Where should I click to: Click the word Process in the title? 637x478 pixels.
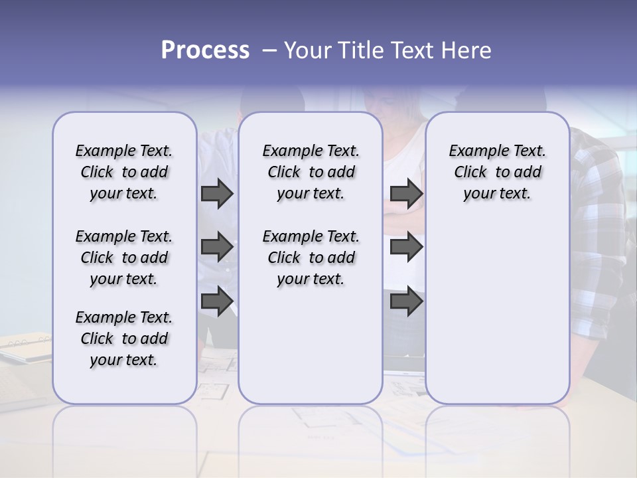(x=205, y=50)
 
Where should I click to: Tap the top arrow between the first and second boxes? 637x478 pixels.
(x=217, y=193)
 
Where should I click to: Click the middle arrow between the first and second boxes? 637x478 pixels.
(x=217, y=247)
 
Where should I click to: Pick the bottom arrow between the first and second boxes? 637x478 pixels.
(x=217, y=301)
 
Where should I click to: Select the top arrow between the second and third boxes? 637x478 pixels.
(x=406, y=193)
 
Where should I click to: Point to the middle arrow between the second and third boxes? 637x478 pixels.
(x=406, y=247)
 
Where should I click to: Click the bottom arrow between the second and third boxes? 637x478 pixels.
(x=406, y=301)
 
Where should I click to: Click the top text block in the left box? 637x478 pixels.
(x=124, y=172)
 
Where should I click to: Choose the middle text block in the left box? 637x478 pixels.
(x=124, y=258)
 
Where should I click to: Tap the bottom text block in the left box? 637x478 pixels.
(x=124, y=339)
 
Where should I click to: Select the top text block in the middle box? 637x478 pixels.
(x=311, y=172)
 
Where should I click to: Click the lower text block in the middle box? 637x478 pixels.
(x=311, y=258)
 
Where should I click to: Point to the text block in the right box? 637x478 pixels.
(x=497, y=172)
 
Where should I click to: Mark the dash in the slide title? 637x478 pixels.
(x=267, y=50)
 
